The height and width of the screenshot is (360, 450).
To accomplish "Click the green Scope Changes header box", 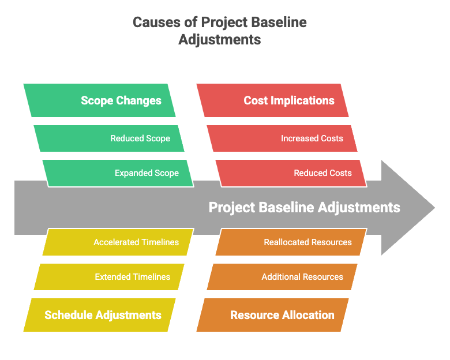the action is (99, 100).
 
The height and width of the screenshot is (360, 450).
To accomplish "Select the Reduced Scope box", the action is (109, 138).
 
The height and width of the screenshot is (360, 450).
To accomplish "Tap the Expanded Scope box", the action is (118, 173).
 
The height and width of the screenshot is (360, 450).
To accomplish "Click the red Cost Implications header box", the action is (272, 100).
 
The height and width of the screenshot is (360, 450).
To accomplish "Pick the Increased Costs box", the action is (282, 138).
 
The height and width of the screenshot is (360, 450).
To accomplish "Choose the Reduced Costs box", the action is (291, 173).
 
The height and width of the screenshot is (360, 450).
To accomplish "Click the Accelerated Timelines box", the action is (118, 242).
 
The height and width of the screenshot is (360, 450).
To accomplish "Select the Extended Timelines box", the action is (109, 277).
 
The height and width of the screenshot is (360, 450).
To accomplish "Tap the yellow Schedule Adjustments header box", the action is (99, 315).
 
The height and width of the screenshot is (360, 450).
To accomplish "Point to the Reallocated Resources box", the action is (291, 242).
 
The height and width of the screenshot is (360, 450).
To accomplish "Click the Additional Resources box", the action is (282, 277).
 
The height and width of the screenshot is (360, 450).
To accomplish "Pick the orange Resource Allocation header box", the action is (272, 315).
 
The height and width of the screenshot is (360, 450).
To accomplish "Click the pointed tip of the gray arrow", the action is (435, 208).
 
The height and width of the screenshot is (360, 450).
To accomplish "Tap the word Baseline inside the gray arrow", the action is (286, 207).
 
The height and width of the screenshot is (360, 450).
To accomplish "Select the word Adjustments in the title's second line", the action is (220, 40).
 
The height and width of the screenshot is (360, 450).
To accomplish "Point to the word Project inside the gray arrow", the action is (232, 208).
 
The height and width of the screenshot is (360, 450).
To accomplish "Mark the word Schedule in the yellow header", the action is (68, 315).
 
